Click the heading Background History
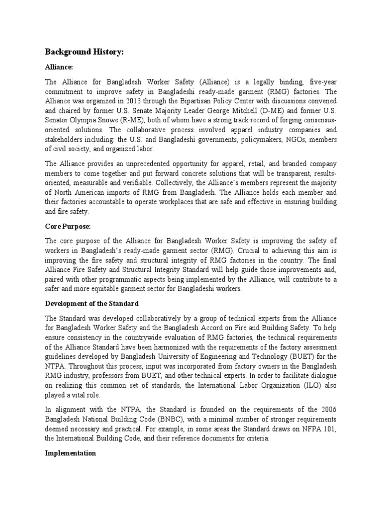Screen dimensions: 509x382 pyautogui.click(x=84, y=52)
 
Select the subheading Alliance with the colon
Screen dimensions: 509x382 pyautogui.click(x=59, y=67)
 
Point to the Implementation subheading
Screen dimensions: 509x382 pyautogui.click(x=70, y=453)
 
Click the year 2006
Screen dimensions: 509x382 pyautogui.click(x=328, y=410)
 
